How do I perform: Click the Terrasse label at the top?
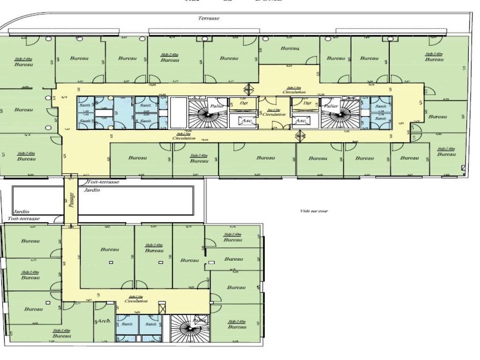pos(208,18)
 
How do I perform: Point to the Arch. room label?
pos(104,321)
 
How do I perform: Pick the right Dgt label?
pos(307,103)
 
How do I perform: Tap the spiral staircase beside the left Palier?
pos(206,115)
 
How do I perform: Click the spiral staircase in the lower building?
pos(189,331)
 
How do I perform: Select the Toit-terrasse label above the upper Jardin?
pos(104,182)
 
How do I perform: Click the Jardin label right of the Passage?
pos(92,190)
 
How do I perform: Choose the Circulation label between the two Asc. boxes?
pos(274,115)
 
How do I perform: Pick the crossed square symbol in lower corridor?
pos(162,308)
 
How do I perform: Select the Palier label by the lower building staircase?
pos(199,320)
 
